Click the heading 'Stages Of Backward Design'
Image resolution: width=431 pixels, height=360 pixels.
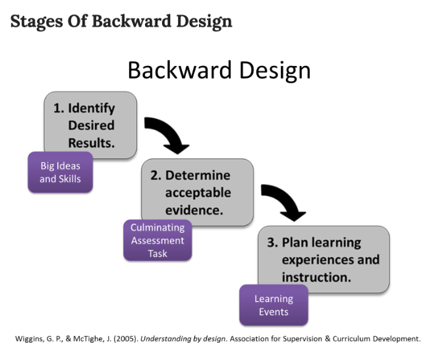pyautogui.click(x=121, y=21)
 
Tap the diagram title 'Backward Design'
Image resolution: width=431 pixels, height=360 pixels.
pyautogui.click(x=218, y=70)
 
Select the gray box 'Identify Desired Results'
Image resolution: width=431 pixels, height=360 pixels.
pyautogui.click(x=90, y=125)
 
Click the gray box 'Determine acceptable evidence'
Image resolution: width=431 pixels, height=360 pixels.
pyautogui.click(x=197, y=193)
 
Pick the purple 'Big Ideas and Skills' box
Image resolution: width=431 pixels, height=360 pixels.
pyautogui.click(x=60, y=172)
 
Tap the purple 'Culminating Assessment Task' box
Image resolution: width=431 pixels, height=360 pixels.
pyautogui.click(x=158, y=240)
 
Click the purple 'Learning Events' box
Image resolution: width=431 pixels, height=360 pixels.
pyautogui.click(x=273, y=305)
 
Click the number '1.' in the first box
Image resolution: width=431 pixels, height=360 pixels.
pyautogui.click(x=59, y=108)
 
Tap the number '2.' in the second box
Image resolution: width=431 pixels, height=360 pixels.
pyautogui.click(x=156, y=175)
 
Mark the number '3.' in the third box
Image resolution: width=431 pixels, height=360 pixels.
pyautogui.click(x=273, y=243)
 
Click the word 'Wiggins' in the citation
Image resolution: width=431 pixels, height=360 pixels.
pyautogui.click(x=29, y=339)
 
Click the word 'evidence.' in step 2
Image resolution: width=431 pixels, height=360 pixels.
pyautogui.click(x=194, y=210)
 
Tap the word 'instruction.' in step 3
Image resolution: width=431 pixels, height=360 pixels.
pyautogui.click(x=314, y=277)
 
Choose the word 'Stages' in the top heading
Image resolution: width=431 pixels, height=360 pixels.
pyautogui.click(x=33, y=21)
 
